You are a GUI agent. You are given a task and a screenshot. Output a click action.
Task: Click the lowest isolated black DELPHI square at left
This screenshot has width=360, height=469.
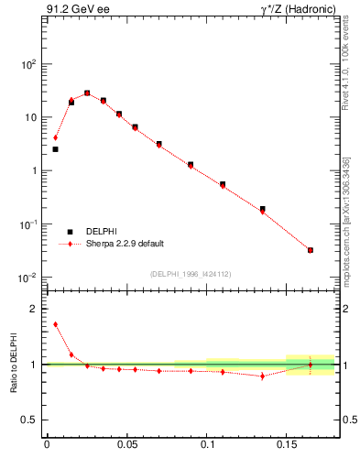click(55, 148)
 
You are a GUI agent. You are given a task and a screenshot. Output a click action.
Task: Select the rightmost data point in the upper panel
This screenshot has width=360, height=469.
click(311, 250)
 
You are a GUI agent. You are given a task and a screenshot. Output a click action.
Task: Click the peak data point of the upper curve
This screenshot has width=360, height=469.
click(87, 93)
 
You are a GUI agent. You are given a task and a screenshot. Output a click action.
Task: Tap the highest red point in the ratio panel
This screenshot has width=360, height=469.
click(55, 323)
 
